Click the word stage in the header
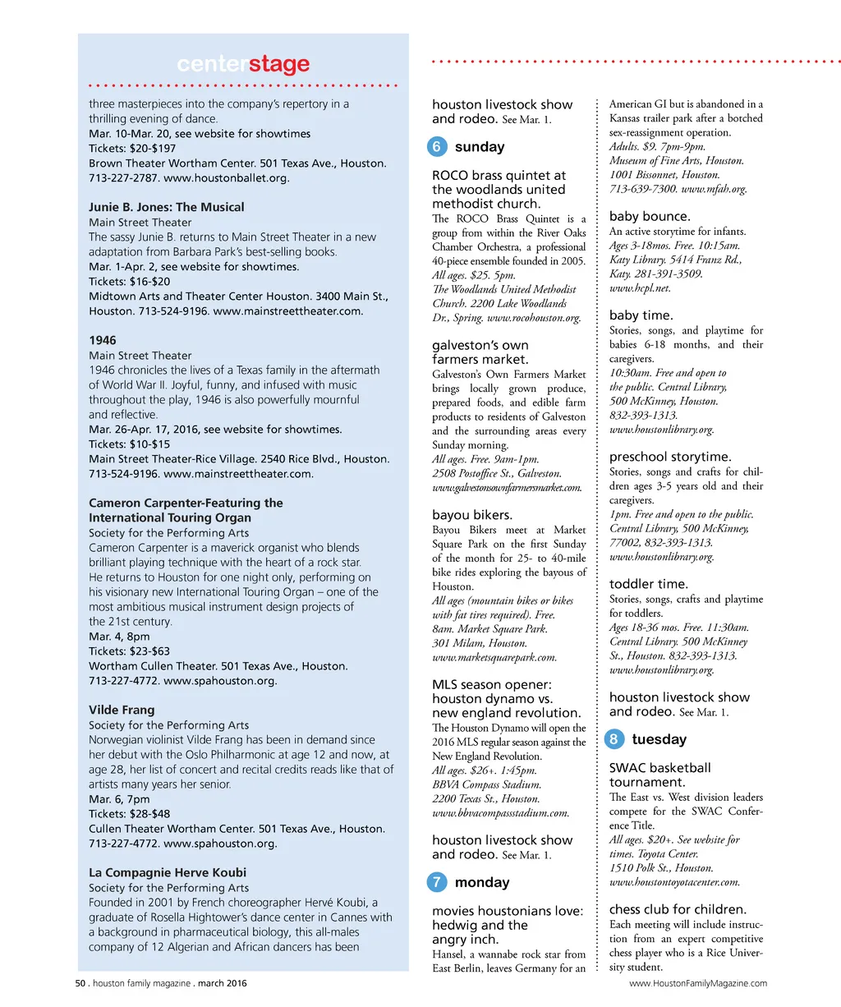(279, 64)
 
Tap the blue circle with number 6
(437, 147)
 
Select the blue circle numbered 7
(437, 882)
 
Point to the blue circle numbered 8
(614, 739)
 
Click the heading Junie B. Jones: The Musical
(167, 207)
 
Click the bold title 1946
(103, 340)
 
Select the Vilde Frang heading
(122, 710)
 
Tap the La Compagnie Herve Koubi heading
(168, 872)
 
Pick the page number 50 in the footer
(80, 983)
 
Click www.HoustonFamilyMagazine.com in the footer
(698, 983)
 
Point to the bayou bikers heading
(472, 515)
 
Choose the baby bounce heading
(650, 216)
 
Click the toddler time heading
(649, 584)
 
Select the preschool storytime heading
(670, 457)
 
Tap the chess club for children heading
(678, 909)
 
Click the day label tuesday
(659, 739)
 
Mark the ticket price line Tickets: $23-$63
(130, 651)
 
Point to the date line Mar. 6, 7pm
(120, 799)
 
